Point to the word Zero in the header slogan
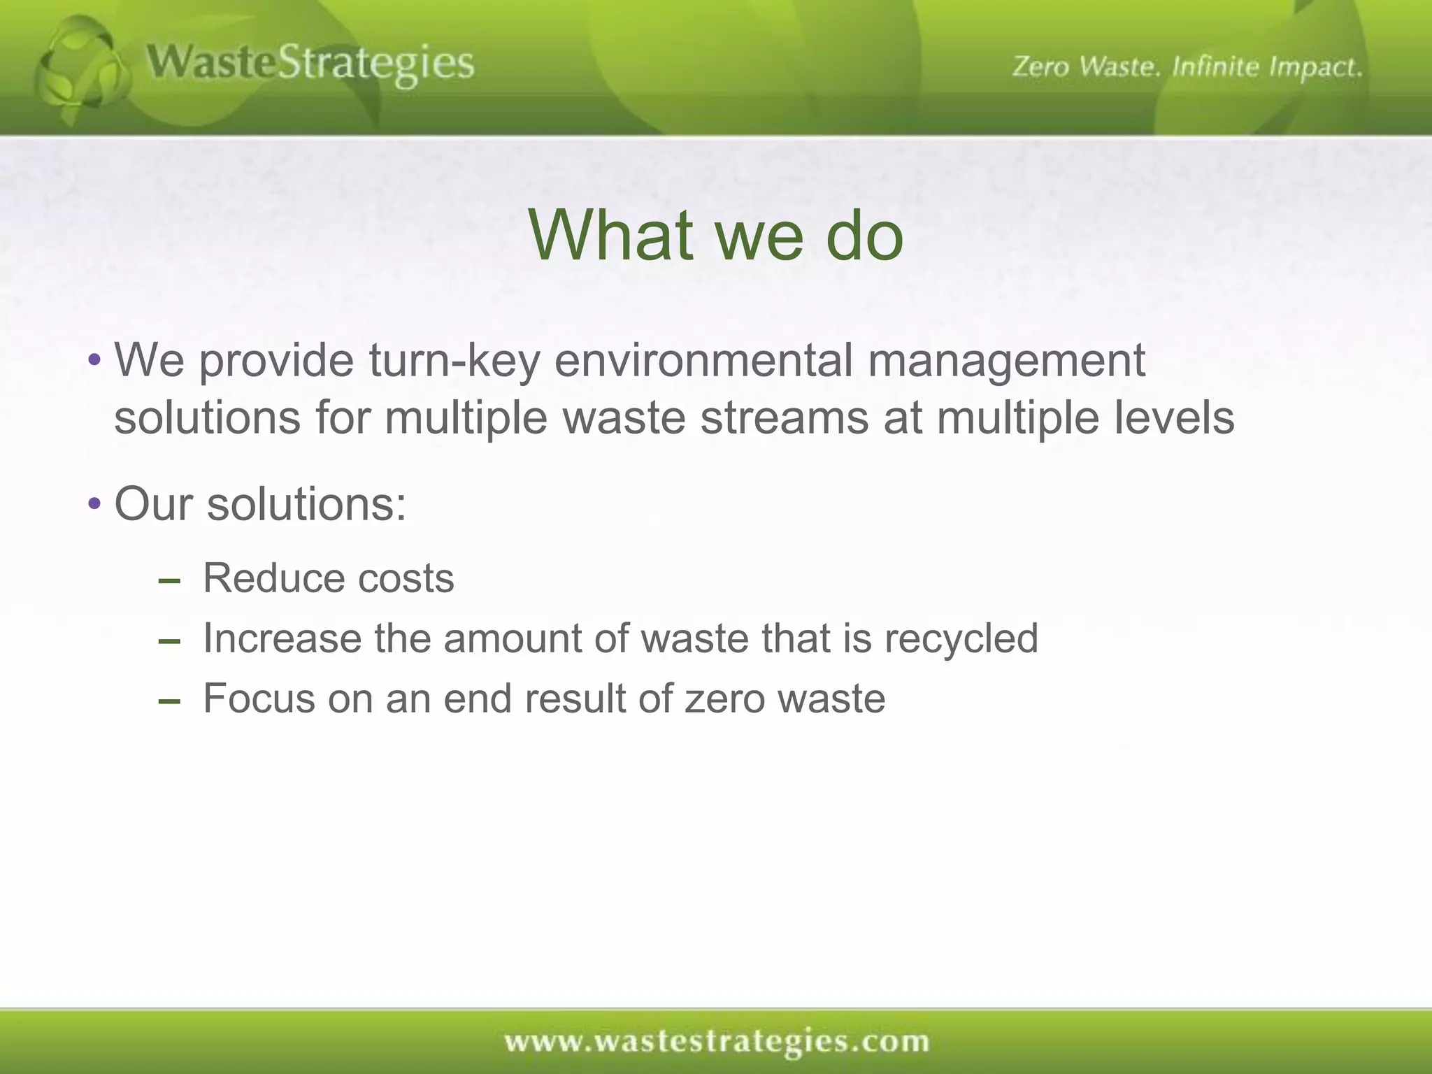[x=1041, y=67]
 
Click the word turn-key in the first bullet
[x=454, y=361]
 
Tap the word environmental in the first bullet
[x=703, y=361]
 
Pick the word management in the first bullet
[x=1006, y=362]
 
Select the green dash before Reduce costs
[x=169, y=581]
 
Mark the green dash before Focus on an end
[x=169, y=701]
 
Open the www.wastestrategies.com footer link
[x=717, y=1041]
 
